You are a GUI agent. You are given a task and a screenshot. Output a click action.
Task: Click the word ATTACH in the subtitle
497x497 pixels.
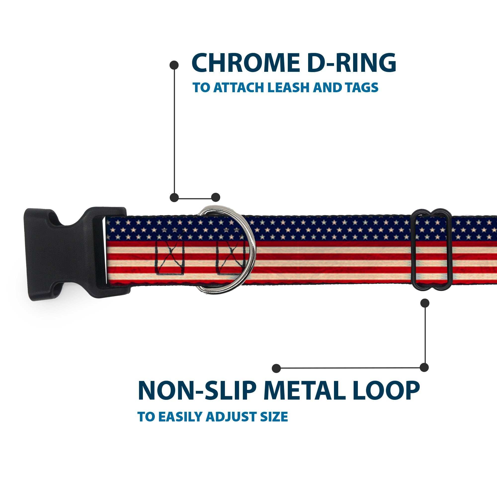tap(239, 88)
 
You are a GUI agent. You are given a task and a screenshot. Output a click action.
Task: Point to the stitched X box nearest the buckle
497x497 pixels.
tap(170, 257)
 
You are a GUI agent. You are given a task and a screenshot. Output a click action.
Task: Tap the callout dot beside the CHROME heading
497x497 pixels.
tap(174, 65)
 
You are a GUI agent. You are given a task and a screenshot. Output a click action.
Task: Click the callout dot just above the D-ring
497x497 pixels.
tap(215, 197)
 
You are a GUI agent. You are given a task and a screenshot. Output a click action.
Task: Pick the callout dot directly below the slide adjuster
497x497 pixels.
tap(425, 303)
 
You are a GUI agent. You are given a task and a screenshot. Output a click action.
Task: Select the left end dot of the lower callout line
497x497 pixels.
tap(276, 368)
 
